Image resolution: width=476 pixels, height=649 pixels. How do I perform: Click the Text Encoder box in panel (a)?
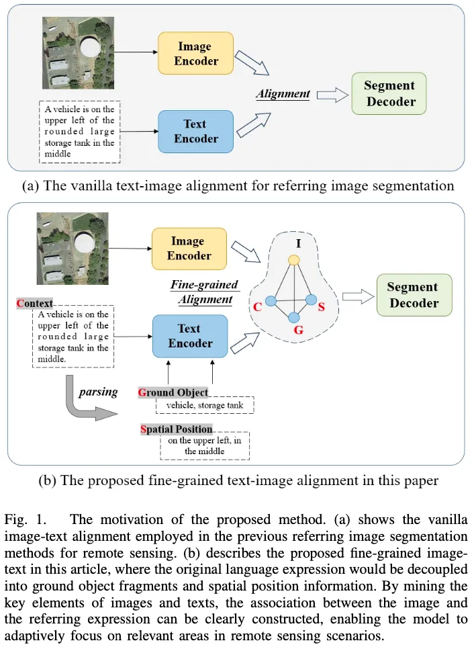[195, 131]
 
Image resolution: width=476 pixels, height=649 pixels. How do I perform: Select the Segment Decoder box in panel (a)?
[389, 94]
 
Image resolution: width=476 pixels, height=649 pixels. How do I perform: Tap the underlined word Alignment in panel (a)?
[283, 94]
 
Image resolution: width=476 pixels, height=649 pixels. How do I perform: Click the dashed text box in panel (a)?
[79, 132]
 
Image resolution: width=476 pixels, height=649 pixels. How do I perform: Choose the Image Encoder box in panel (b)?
[189, 248]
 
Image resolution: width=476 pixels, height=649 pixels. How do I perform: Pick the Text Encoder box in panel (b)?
[190, 336]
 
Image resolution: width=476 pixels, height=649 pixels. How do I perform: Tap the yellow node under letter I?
[293, 259]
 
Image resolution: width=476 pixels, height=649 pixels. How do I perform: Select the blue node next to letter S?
[311, 299]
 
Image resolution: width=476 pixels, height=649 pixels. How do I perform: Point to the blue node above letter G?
[293, 316]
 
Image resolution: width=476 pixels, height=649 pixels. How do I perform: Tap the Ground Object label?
[173, 392]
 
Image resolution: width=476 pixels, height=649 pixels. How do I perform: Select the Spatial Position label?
[176, 429]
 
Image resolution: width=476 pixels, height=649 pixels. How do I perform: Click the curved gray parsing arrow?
[84, 399]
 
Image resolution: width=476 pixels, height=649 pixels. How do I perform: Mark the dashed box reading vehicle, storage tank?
[205, 405]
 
